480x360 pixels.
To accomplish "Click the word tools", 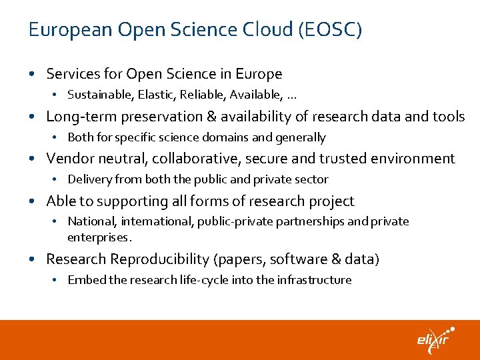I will pos(448,117).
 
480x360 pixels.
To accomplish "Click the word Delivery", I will pos(89,179).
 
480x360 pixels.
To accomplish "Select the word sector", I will pos(311,179).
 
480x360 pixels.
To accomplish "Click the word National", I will pos(89,221).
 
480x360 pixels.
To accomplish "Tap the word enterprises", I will pos(99,237).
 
